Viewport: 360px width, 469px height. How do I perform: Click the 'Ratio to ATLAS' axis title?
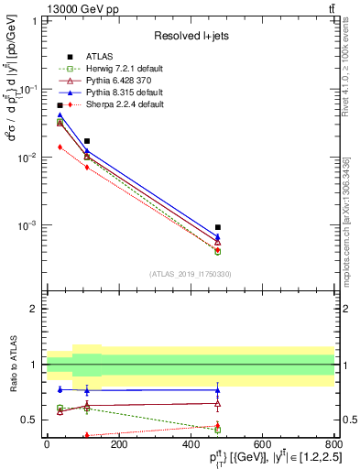click(12, 364)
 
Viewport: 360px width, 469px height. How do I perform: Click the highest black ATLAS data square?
click(60, 106)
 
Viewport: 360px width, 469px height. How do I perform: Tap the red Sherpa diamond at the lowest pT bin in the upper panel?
click(60, 147)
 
